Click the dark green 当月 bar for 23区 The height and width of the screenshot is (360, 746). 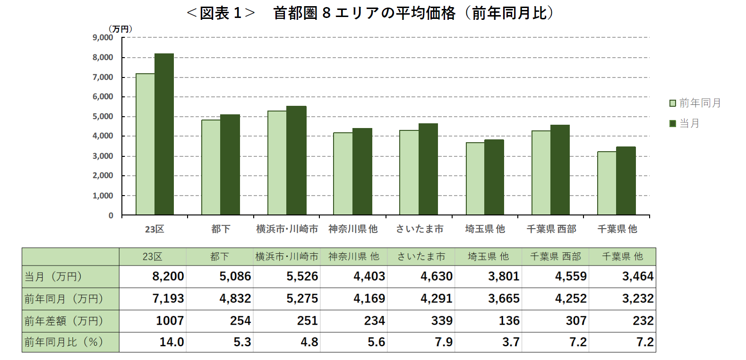pos(164,135)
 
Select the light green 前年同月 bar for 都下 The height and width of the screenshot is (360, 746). pos(211,168)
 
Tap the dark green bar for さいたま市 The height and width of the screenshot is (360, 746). pos(428,169)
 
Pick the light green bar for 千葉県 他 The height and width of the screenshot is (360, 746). pos(607,183)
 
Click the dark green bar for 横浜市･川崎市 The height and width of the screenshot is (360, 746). pos(296,161)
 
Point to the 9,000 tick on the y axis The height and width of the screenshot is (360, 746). pos(103,37)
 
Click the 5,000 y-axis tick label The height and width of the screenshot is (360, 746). pos(103,116)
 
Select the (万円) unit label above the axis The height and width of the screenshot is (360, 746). pos(120,29)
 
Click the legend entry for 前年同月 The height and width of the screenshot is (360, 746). pos(695,103)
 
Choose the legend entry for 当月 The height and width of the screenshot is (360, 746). pos(685,123)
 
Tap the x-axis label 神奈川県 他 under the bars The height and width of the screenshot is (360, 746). pos(353,229)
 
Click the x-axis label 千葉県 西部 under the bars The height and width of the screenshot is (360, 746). pos(551,229)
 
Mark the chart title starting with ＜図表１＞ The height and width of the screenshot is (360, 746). pos(370,13)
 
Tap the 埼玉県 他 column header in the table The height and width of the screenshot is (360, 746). pos(488,257)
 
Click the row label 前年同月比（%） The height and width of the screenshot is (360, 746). pos(64,342)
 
